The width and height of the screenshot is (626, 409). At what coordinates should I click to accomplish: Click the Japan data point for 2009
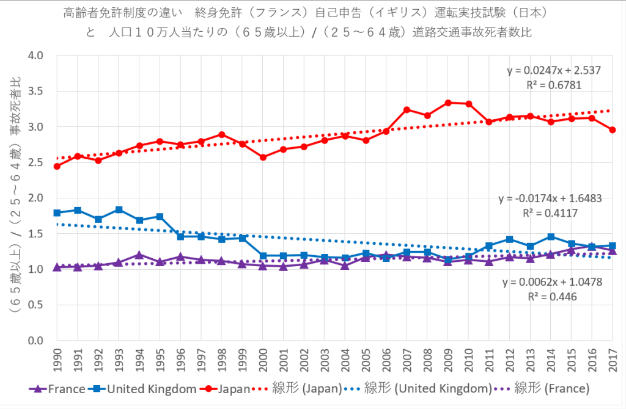point(448,103)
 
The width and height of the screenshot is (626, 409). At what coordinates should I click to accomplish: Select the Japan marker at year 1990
point(57,166)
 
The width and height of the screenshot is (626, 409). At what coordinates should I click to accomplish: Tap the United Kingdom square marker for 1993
point(119,209)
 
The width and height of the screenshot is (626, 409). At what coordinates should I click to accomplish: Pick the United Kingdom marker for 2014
point(551,236)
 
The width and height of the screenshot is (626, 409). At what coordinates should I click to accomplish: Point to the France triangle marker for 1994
point(139,255)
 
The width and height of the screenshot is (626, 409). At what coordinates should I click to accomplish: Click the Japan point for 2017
point(613,129)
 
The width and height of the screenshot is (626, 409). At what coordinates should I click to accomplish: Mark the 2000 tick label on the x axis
point(263,360)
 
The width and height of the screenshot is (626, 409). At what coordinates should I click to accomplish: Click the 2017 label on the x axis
point(613,360)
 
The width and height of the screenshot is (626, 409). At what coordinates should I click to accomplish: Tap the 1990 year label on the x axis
point(57,360)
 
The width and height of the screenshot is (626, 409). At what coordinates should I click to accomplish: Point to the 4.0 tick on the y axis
point(35,56)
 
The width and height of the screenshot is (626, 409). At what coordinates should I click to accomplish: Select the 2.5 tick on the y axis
point(35,162)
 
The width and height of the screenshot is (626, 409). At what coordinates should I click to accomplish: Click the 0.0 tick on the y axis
point(35,340)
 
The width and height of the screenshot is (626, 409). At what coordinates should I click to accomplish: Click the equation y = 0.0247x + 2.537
point(554,70)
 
